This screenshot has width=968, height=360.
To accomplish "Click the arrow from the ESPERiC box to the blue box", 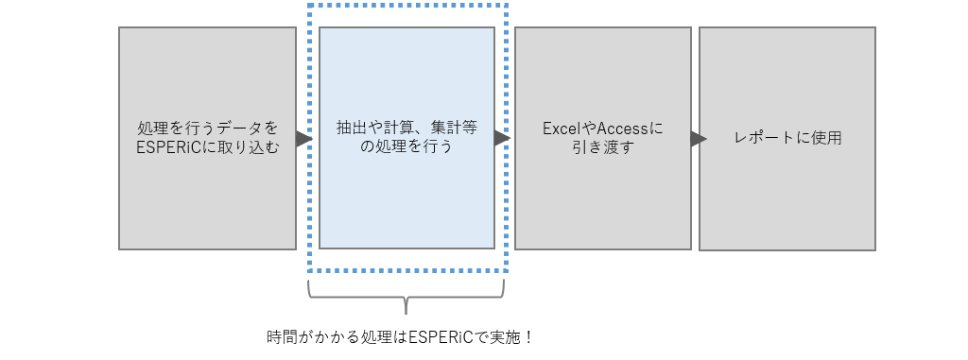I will (303, 139).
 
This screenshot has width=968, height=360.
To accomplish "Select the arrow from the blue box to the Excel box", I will (503, 139).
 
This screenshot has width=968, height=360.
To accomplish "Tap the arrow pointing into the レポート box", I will (699, 139).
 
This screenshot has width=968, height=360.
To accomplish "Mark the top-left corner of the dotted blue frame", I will (309, 5).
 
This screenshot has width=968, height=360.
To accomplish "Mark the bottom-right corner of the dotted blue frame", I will (508, 271).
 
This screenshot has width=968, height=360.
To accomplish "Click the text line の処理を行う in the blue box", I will (406, 147).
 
